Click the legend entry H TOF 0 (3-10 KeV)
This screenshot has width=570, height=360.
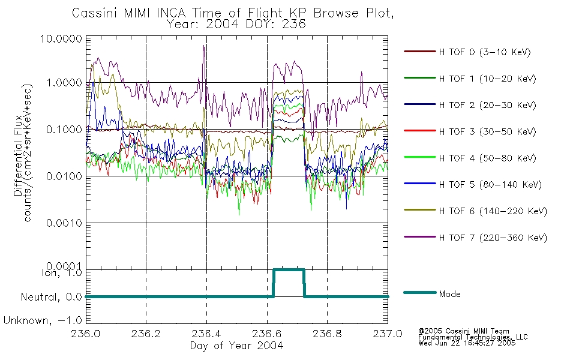485,52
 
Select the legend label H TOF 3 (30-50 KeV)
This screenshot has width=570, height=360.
487,131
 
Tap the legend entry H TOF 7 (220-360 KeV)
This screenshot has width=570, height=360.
493,238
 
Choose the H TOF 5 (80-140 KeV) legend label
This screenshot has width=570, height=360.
490,185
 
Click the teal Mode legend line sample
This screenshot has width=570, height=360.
420,293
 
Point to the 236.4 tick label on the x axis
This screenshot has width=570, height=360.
206,334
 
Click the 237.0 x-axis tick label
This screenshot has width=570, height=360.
388,334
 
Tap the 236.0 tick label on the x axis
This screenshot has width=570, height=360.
86,334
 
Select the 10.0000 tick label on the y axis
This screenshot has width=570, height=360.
61,38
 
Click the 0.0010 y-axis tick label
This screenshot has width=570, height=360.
64,223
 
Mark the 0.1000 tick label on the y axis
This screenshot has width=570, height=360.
64,130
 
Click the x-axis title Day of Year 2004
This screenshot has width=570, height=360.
236,346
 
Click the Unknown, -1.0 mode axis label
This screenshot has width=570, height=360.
43,321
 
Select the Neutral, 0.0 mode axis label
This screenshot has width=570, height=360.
51,298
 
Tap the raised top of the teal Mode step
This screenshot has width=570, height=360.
289,270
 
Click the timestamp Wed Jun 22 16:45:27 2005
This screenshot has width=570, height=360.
467,343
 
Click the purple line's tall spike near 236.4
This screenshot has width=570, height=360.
204,47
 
